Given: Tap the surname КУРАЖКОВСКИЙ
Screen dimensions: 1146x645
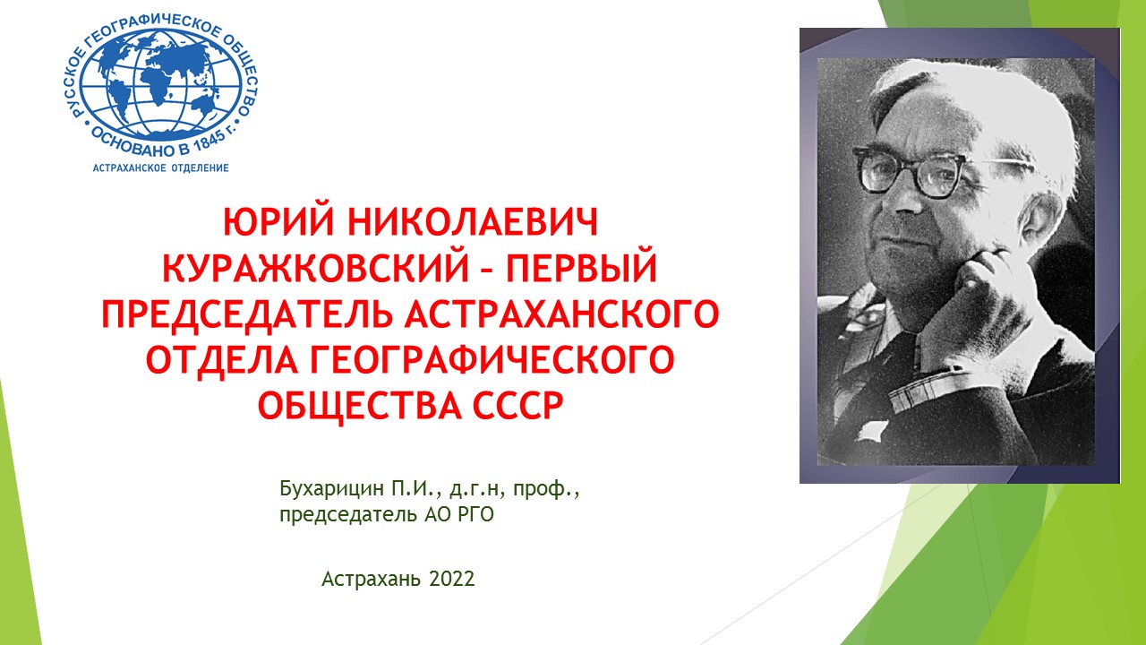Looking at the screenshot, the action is pyautogui.click(x=316, y=267).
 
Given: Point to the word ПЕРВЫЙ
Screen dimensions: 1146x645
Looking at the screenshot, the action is pyautogui.click(x=582, y=267).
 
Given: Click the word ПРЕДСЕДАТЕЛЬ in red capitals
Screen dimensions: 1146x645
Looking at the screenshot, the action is pyautogui.click(x=247, y=314).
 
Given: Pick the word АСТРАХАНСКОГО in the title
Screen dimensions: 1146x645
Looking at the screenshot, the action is pyautogui.click(x=562, y=314).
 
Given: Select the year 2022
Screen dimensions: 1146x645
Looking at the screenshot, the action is pyautogui.click(x=452, y=579).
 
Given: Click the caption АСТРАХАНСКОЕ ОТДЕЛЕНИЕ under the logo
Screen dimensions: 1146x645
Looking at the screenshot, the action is pyautogui.click(x=160, y=168).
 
